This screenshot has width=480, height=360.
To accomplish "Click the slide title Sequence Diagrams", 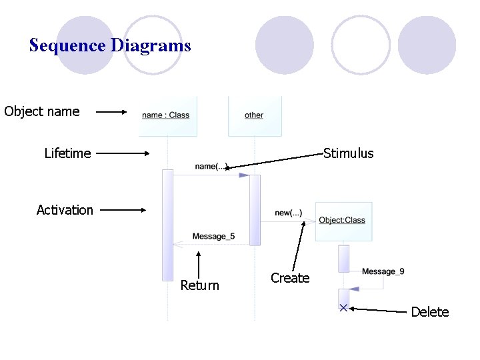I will pyautogui.click(x=110, y=46).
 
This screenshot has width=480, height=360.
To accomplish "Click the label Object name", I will pyautogui.click(x=41, y=112).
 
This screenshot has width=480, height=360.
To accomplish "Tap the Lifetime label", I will pyautogui.click(x=67, y=153).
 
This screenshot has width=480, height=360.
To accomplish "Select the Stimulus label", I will pyautogui.click(x=348, y=154).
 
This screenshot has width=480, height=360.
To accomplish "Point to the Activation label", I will pyautogui.click(x=65, y=210).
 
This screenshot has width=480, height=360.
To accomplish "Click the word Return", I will pyautogui.click(x=199, y=285).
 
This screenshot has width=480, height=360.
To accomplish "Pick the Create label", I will pyautogui.click(x=290, y=278).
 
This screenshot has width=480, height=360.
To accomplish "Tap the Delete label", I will pyautogui.click(x=430, y=312).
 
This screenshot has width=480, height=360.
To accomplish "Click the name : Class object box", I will pyautogui.click(x=167, y=116).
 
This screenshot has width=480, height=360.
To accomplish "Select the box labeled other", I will pyautogui.click(x=254, y=116).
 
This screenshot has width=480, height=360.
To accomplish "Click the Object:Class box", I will pyautogui.click(x=343, y=221).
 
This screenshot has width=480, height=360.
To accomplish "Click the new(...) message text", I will pyautogui.click(x=288, y=213).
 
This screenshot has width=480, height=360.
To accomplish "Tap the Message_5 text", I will pyautogui.click(x=213, y=237).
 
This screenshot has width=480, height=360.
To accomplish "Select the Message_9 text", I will pyautogui.click(x=383, y=271).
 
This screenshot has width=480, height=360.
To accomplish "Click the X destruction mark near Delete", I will pyautogui.click(x=343, y=307).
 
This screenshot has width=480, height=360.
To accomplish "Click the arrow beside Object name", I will pyautogui.click(x=111, y=113).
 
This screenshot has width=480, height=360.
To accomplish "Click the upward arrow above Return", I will pyautogui.click(x=199, y=261).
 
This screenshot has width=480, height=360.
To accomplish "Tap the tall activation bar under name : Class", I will pyautogui.click(x=167, y=225).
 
